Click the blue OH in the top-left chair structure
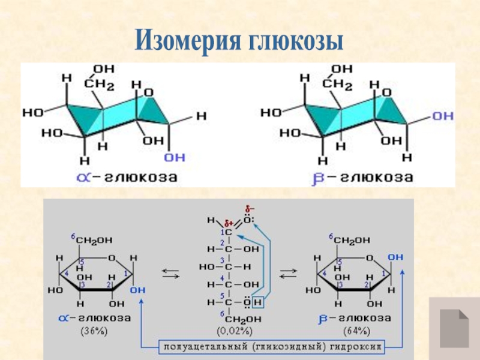[x=175, y=157]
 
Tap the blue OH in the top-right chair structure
[x=443, y=115]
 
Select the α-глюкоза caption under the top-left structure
[x=127, y=177]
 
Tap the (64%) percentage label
[x=356, y=330]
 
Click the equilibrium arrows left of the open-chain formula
[x=170, y=272]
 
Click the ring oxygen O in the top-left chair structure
[x=149, y=92]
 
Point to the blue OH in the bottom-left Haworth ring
[x=137, y=289]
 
